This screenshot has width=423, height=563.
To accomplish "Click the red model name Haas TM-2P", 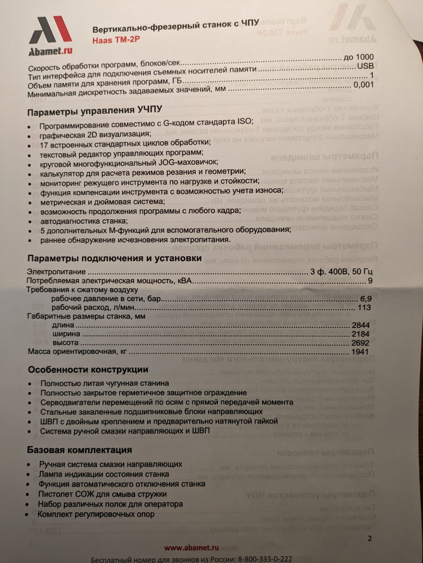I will click(x=116, y=39).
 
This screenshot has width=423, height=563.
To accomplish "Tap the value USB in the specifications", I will click(x=365, y=66).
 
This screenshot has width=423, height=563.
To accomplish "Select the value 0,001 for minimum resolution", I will click(x=363, y=85).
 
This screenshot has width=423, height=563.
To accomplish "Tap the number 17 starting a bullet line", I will click(x=44, y=144).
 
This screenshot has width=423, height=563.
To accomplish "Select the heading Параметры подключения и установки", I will click(x=114, y=258).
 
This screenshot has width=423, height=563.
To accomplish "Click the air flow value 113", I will click(x=364, y=308).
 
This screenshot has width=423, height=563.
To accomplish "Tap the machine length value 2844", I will click(x=360, y=325).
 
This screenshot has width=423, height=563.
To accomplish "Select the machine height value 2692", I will click(x=360, y=343).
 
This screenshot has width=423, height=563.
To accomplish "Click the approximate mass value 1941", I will click(x=360, y=352).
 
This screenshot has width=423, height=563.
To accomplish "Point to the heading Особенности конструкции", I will click(x=88, y=369).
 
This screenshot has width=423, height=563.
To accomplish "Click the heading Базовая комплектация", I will click(x=80, y=450).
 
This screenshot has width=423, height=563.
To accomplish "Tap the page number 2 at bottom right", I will click(x=369, y=538).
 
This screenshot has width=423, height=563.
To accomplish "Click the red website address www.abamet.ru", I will click(x=192, y=548).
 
